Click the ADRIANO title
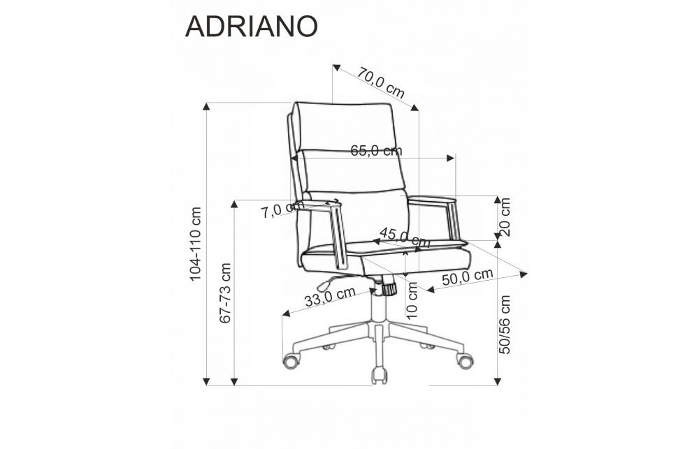[x=251, y=27]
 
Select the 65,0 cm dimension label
[x=376, y=151]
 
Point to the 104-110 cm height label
[x=196, y=244]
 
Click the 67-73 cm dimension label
[x=226, y=293]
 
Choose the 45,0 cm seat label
[x=405, y=238]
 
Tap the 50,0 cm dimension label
[x=467, y=277]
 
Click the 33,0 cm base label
[x=330, y=296]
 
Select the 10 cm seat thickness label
[x=412, y=301]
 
